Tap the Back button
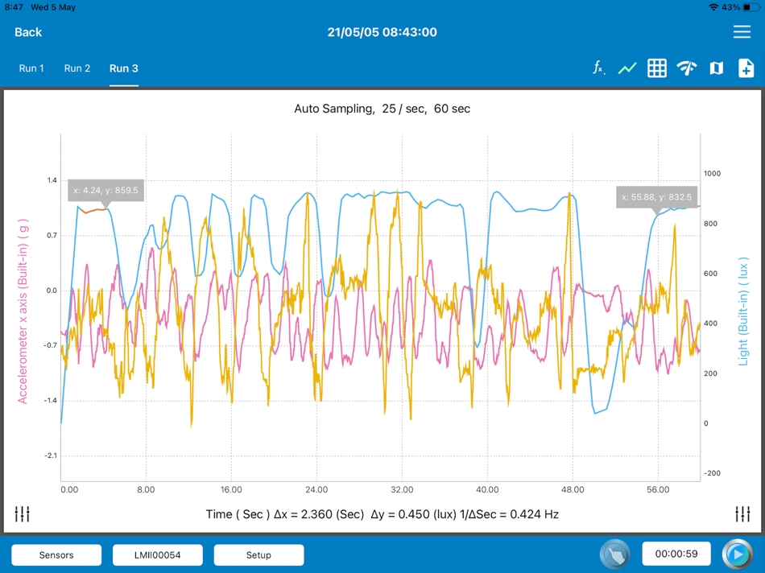pos(28,32)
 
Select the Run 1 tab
pos(31,68)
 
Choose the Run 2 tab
pos(77,68)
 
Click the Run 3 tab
pos(124,68)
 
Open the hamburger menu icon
pos(742,32)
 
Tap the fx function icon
pos(598,68)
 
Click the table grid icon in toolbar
pos(657,68)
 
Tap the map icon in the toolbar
pos(716,68)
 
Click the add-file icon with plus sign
pos(746,68)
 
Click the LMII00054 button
pos(158,555)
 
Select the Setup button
pos(258,555)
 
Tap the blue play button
pos(737,554)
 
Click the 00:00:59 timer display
pos(676,554)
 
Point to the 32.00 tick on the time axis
pos(402,489)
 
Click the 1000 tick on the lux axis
pos(713,174)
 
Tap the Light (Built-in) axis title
pos(743,311)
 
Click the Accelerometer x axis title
pos(23,311)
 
